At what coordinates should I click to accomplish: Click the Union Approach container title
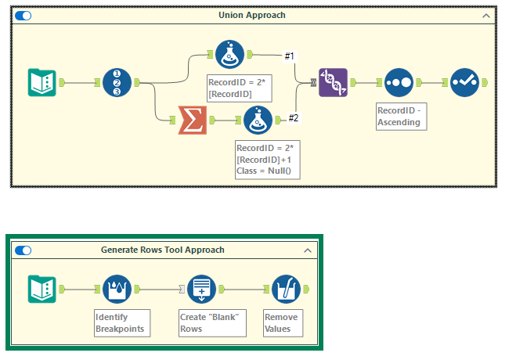point(251,15)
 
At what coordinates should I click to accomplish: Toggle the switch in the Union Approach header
point(23,15)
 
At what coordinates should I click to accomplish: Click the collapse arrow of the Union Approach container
point(486,15)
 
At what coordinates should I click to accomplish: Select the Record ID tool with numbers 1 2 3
point(117,82)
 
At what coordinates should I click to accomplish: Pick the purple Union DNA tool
point(333,82)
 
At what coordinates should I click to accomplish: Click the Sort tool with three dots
point(399,82)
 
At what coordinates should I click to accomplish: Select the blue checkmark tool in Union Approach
point(464,82)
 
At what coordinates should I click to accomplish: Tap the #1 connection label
point(290,56)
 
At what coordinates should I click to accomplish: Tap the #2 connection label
point(294,118)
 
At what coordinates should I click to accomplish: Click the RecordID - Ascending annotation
point(400,117)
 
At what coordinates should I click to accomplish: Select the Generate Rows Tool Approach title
point(162,250)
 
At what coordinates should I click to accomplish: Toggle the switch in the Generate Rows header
point(23,250)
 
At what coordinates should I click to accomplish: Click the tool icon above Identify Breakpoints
point(117,289)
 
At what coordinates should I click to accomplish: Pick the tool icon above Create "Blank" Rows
point(203,289)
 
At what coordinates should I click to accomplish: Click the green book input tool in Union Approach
point(41,82)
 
